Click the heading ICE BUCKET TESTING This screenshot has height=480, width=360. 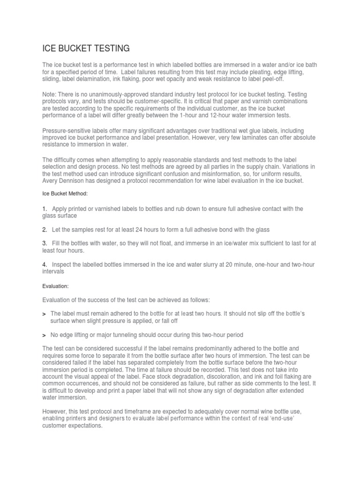click(x=86, y=49)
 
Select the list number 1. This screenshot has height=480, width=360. click(x=45, y=209)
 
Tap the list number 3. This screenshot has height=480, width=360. click(x=45, y=243)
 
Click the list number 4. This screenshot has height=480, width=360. click(x=45, y=265)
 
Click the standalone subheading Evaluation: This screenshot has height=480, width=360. click(x=56, y=285)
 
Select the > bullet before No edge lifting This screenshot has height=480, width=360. click(x=44, y=335)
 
